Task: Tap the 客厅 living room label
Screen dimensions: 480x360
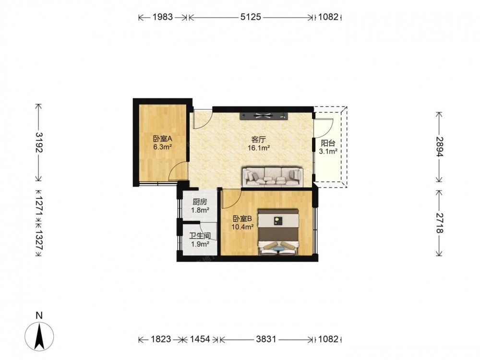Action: pos(258,140)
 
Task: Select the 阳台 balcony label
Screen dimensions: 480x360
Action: pos(328,143)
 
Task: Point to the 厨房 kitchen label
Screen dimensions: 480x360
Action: pos(200,202)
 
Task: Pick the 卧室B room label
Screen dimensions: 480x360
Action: pos(242,219)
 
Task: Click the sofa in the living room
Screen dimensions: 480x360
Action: pos(273,177)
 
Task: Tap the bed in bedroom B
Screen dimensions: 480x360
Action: pos(278,232)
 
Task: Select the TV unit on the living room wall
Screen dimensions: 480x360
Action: pos(264,116)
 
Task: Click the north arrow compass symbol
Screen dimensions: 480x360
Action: pos(39,336)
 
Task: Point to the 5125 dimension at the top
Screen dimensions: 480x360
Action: pos(251,16)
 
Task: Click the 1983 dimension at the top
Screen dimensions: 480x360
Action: pos(163,16)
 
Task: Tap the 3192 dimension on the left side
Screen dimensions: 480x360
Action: pos(39,143)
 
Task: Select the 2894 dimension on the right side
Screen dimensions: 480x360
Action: pos(439,146)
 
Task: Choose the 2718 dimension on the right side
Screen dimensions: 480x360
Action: pos(439,223)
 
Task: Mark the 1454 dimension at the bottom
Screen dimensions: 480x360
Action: pos(200,339)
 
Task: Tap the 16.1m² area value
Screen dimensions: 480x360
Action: pos(259,148)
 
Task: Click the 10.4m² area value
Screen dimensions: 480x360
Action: pos(242,227)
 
